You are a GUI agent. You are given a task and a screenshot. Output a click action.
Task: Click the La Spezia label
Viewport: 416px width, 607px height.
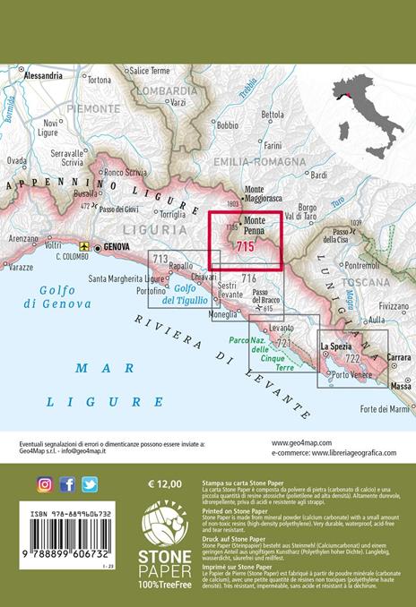(x=338, y=345)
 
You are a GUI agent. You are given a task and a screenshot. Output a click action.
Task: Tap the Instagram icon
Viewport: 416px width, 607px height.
(x=45, y=484)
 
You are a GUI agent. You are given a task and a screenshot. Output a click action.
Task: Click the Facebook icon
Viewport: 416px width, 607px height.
(x=67, y=484)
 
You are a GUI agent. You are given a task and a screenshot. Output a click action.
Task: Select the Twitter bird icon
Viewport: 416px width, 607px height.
(x=90, y=484)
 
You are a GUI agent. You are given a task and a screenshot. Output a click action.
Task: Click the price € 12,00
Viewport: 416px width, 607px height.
(x=165, y=483)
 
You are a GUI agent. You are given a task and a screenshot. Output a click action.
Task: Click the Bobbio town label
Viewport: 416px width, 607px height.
(x=228, y=125)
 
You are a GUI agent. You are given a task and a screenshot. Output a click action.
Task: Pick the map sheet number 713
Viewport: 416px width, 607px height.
(x=160, y=260)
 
